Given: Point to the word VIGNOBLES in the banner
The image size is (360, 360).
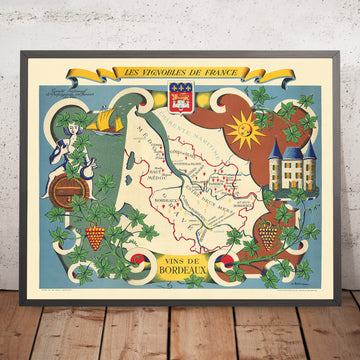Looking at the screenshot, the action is click(161, 72).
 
